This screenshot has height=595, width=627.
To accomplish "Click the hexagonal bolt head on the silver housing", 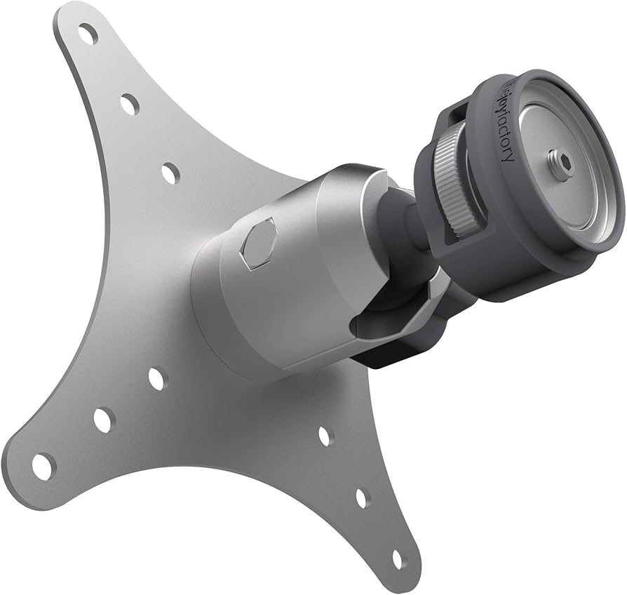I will coord(257,243).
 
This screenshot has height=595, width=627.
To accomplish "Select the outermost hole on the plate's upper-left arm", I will coord(88,33).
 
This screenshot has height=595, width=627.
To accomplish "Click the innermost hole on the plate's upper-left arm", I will coord(170,173).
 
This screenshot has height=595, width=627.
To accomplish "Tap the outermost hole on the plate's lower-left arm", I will coord(43,467).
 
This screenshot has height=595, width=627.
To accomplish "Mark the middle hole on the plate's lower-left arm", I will coord(103,420).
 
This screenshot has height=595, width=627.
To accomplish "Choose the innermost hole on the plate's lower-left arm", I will coord(157,379).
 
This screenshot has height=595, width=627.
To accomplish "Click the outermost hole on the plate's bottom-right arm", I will coord(398,559).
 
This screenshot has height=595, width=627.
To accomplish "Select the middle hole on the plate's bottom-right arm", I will coord(362,498).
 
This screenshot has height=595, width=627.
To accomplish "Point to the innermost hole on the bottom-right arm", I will coord(325,436).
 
